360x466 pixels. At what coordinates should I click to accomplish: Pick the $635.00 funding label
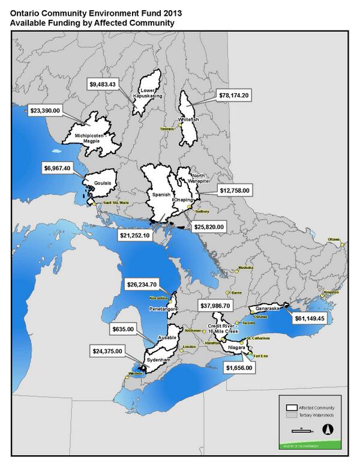[124, 329]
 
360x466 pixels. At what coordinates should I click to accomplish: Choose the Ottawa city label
[334, 240]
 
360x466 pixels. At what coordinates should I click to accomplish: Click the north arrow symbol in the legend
[327, 429]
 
